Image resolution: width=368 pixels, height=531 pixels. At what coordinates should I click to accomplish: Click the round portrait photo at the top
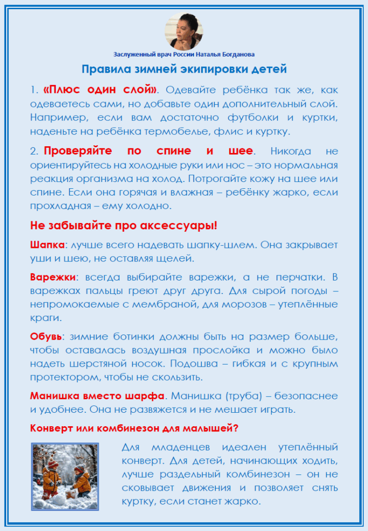(184, 31)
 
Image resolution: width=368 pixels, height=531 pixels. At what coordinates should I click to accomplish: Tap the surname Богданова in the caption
(237, 54)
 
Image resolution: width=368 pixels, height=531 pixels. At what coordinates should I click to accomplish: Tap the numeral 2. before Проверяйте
(34, 151)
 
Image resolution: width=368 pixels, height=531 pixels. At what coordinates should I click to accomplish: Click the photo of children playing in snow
(65, 477)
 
